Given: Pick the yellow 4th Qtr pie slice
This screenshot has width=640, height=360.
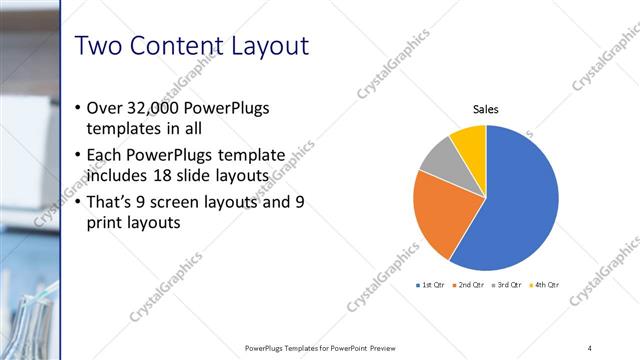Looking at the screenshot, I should click(x=470, y=141).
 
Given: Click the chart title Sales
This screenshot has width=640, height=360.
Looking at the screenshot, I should click(x=486, y=110).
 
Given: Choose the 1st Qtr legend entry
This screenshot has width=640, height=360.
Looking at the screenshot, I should click(x=431, y=285).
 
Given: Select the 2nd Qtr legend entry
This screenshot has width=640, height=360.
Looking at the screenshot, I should click(x=469, y=285).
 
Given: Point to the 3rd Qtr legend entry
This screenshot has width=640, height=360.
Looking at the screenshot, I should click(x=507, y=285).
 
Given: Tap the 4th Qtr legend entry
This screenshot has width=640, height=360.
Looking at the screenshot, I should click(x=544, y=285).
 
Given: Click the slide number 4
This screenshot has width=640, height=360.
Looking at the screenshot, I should click(x=590, y=347).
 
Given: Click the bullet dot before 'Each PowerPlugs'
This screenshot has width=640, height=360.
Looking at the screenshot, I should click(x=79, y=155).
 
